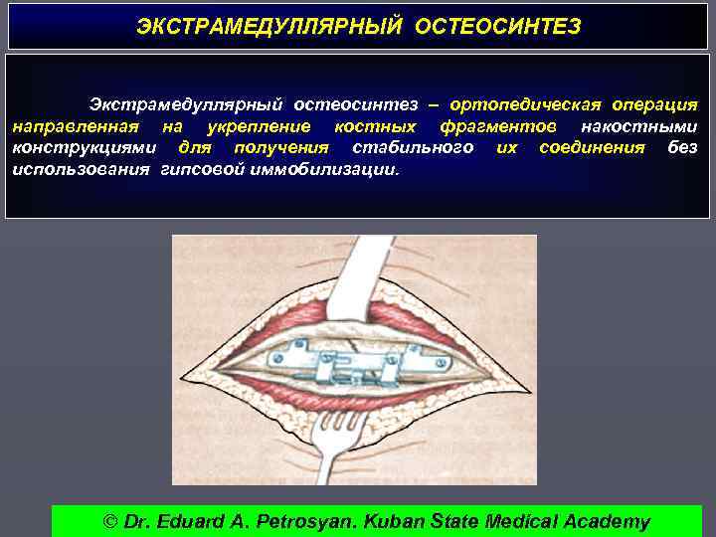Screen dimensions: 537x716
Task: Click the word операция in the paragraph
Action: pyautogui.click(x=654, y=104)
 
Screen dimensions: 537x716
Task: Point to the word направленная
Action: pyautogui.click(x=76, y=126)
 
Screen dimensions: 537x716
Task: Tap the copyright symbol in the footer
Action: pyautogui.click(x=110, y=521)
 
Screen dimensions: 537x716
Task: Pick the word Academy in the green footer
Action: pyautogui.click(x=606, y=521)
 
